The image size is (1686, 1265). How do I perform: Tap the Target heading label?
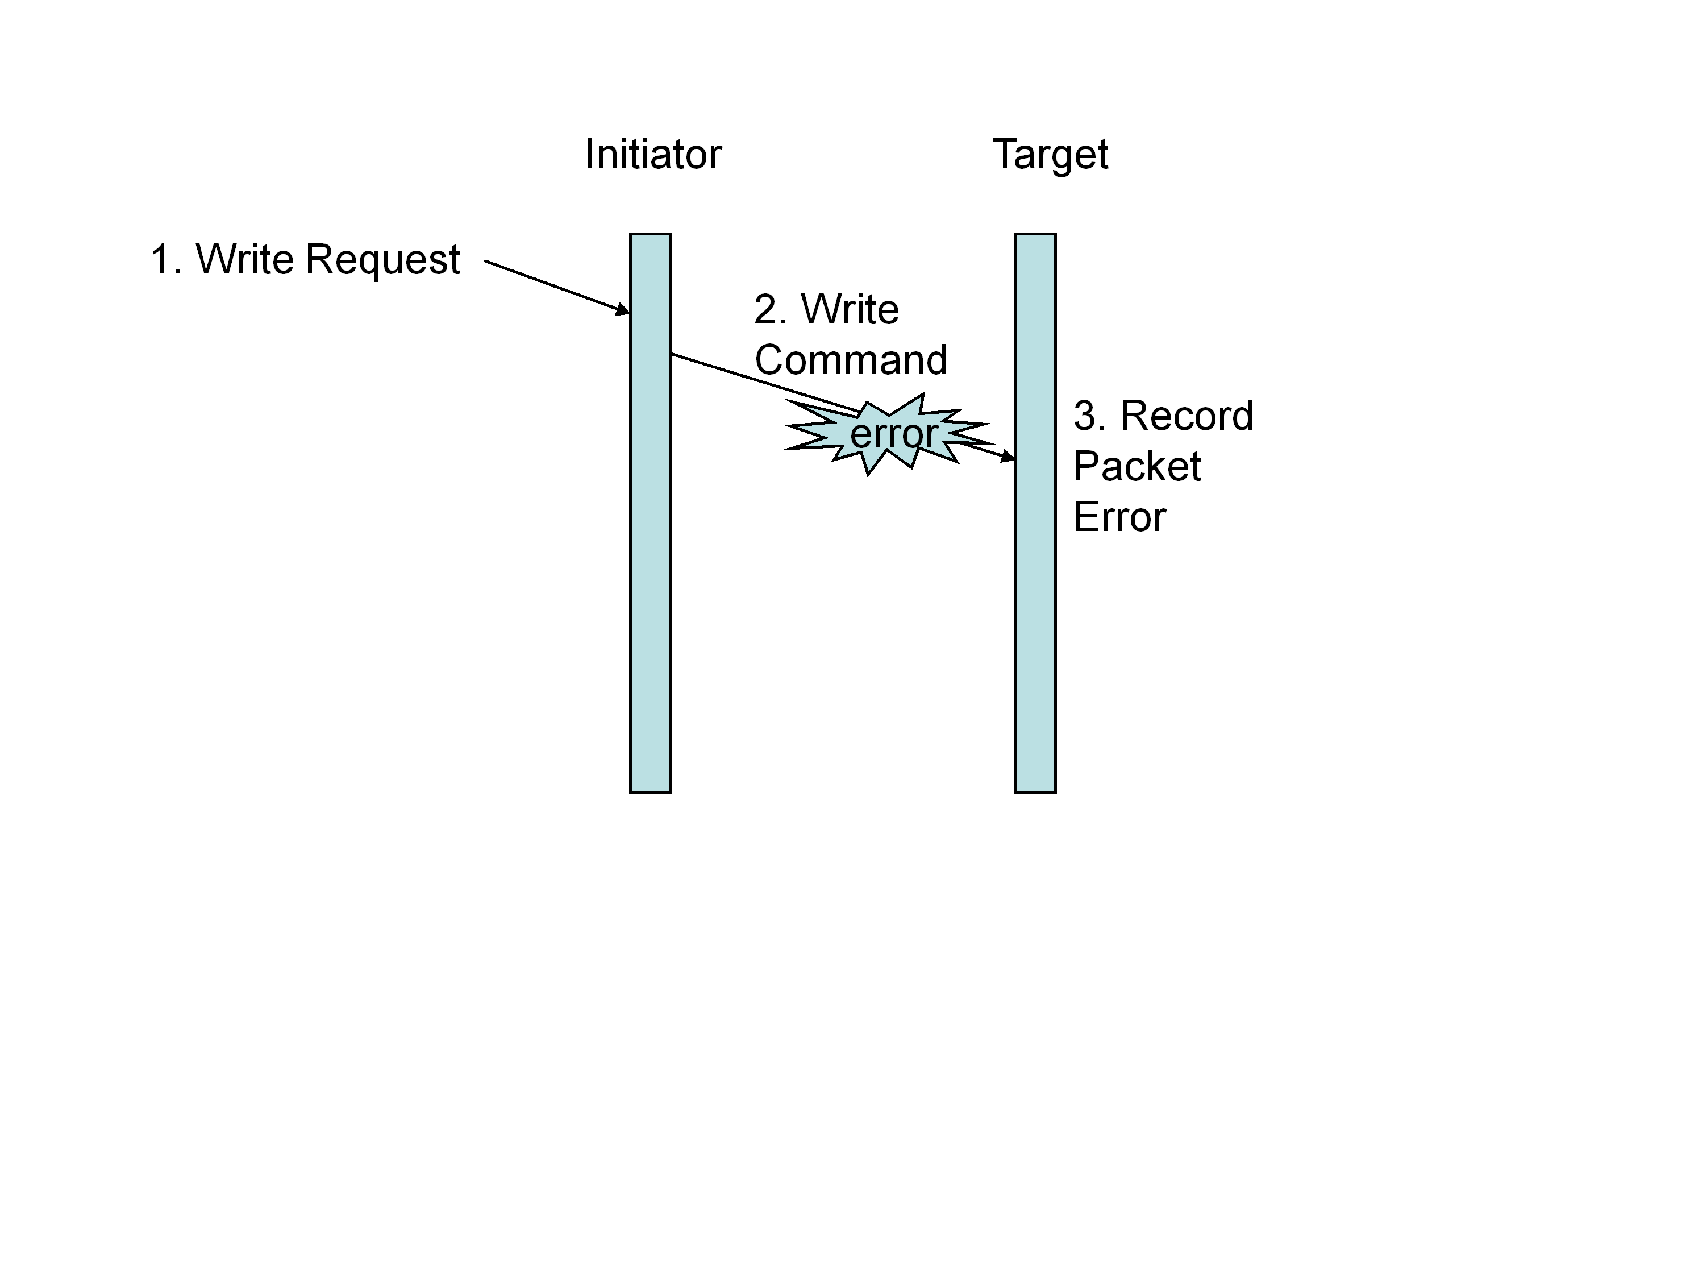[1050, 155]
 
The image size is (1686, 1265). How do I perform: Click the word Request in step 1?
[382, 260]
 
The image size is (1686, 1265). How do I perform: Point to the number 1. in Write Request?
[165, 260]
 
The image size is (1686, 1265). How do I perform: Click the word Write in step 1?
[245, 260]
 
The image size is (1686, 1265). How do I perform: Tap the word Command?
[851, 360]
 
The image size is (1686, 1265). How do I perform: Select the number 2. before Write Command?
[770, 310]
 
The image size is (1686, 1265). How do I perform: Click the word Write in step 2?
[850, 310]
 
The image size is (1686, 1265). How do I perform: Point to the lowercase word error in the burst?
[893, 434]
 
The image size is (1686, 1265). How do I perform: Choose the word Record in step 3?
[1186, 416]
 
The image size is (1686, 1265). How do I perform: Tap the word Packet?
[1137, 467]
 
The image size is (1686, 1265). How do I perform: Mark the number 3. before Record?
[1089, 416]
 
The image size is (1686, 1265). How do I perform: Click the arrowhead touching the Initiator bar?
[623, 310]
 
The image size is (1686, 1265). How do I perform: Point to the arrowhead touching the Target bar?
[1008, 457]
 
